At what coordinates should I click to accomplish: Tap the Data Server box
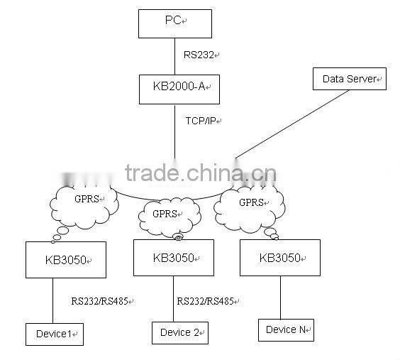click(349, 79)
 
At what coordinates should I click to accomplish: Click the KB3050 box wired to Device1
click(65, 259)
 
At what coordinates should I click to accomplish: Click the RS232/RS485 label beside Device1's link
click(99, 301)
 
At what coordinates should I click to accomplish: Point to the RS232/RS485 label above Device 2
click(206, 301)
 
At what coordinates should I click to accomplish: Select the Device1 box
click(54, 333)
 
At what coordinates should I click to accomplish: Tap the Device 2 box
click(181, 332)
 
